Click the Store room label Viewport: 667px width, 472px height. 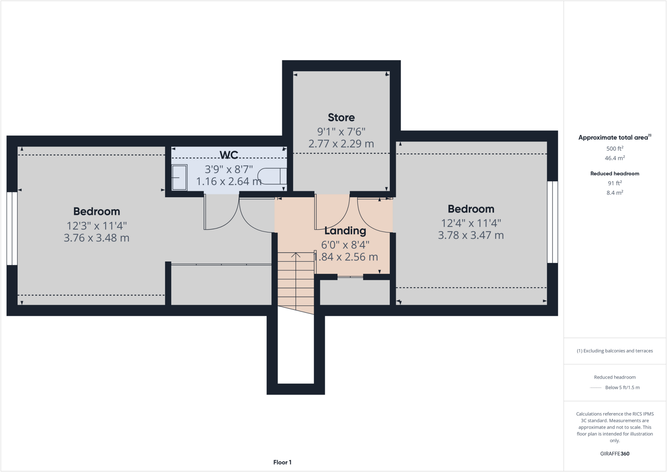pyautogui.click(x=341, y=117)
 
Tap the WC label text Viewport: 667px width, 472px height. pyautogui.click(x=229, y=155)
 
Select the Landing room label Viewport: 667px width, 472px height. pyautogui.click(x=345, y=231)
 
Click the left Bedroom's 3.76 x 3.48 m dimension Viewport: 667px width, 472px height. pyautogui.click(x=96, y=238)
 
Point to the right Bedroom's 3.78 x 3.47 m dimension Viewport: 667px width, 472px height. pyautogui.click(x=471, y=235)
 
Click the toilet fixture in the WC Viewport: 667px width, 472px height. pyautogui.click(x=272, y=176)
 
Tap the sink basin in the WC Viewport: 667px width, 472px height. pyautogui.click(x=179, y=178)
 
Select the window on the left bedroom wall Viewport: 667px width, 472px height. pyautogui.click(x=12, y=228)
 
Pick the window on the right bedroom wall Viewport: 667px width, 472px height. pyautogui.click(x=552, y=222)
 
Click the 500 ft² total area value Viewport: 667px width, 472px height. pyautogui.click(x=615, y=149)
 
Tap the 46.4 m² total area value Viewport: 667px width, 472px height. pyautogui.click(x=615, y=158)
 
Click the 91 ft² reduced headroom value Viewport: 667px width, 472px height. pyautogui.click(x=615, y=183)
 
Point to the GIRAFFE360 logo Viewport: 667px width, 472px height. pyautogui.click(x=615, y=453)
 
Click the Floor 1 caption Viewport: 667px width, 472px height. pyautogui.click(x=282, y=462)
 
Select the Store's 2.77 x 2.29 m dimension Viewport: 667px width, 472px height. pyautogui.click(x=341, y=144)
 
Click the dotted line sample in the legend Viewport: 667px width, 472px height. pyautogui.click(x=595, y=388)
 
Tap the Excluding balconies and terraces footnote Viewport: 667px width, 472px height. pyautogui.click(x=615, y=351)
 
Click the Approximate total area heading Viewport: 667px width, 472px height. pyautogui.click(x=614, y=137)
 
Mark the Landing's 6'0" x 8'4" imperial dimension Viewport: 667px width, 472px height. pyautogui.click(x=345, y=245)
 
